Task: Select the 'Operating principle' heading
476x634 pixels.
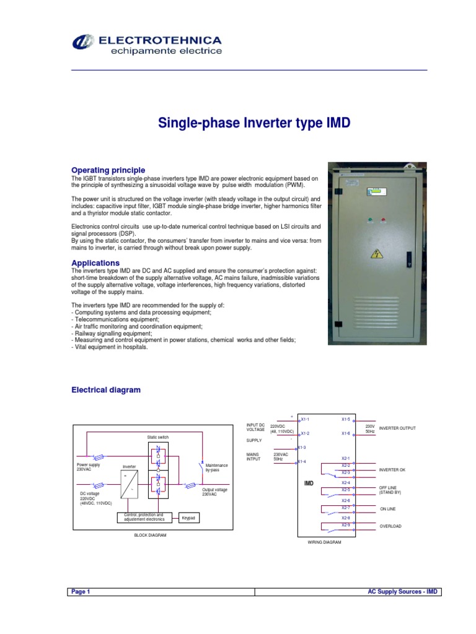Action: [108, 170]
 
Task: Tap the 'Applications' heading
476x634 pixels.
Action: [95, 263]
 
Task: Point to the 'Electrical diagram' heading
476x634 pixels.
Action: [106, 390]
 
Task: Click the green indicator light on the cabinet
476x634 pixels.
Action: [370, 220]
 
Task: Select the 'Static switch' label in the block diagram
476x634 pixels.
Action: [157, 437]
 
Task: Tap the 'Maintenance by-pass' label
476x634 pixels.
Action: [217, 467]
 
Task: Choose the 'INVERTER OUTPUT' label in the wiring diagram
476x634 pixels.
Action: [397, 428]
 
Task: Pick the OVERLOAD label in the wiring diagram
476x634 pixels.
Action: [390, 526]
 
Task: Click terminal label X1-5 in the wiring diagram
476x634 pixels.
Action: [346, 419]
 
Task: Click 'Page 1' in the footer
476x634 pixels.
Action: [81, 592]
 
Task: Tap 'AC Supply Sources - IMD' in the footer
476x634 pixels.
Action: [403, 592]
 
